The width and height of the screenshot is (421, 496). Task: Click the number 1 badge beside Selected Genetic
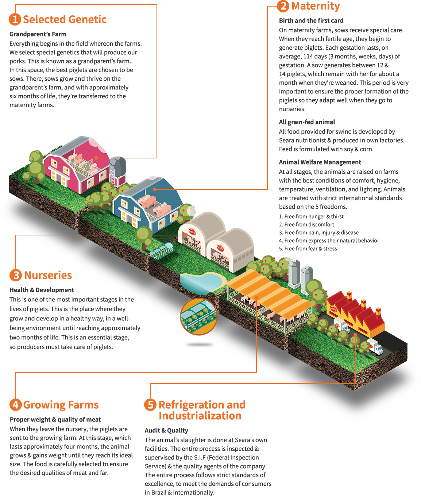15,20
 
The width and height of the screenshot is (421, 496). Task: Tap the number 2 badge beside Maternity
283,6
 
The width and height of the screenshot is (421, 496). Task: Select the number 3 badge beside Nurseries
16,275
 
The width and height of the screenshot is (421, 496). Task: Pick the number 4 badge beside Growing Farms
16,405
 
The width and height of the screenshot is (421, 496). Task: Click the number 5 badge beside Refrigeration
150,405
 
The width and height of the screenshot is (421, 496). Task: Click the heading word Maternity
316,6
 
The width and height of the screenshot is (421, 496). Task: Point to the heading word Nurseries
48,275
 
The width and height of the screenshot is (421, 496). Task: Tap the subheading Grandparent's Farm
38,34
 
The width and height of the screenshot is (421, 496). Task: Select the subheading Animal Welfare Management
320,162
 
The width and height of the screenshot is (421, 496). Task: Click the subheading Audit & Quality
166,431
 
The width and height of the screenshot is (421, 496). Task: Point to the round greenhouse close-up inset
198,317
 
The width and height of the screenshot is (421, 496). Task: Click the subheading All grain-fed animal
307,122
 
